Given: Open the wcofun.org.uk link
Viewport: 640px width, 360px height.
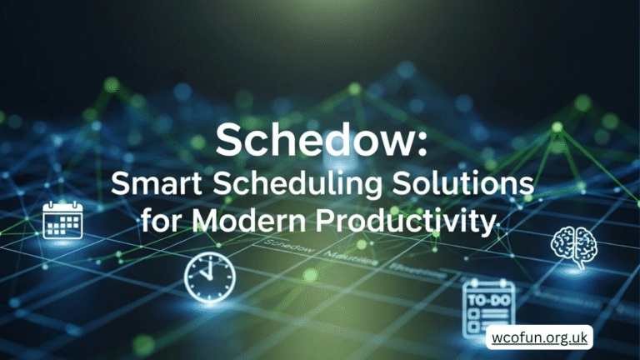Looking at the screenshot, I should coord(538,340).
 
